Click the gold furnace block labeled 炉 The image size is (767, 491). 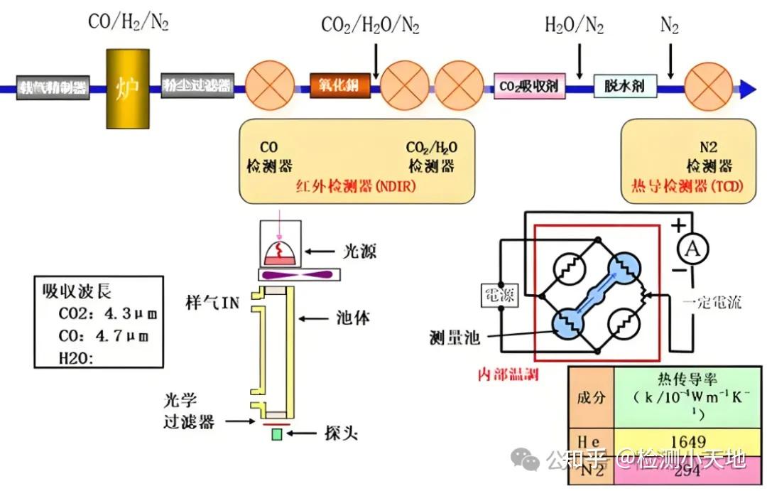tap(128, 88)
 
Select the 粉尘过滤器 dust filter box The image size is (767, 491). tap(197, 87)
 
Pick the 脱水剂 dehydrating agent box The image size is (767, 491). tap(624, 87)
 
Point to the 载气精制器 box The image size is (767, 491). tap(53, 87)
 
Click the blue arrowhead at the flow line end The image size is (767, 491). tap(747, 88)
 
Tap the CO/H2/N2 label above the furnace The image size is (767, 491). tap(129, 22)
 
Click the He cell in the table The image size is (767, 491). tap(591, 441)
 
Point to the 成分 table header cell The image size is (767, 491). tap(591, 396)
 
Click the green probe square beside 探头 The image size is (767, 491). tap(276, 433)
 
